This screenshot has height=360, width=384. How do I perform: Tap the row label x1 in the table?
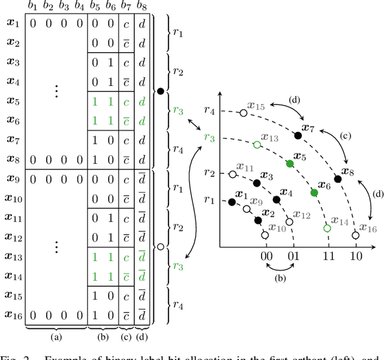(x=13, y=25)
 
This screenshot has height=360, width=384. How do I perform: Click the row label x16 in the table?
(x=13, y=314)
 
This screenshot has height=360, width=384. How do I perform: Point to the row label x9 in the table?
(x=13, y=179)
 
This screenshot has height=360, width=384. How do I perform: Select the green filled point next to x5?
(x=289, y=164)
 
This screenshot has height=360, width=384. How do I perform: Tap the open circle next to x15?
(x=243, y=112)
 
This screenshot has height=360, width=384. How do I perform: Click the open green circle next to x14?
(x=327, y=228)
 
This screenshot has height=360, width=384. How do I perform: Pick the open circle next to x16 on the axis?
(x=355, y=235)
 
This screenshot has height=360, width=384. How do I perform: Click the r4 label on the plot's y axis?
(x=209, y=110)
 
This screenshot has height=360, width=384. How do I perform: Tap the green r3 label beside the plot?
(x=209, y=137)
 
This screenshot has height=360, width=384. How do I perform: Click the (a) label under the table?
(x=56, y=337)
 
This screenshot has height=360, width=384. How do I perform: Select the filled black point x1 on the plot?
(x=232, y=202)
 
